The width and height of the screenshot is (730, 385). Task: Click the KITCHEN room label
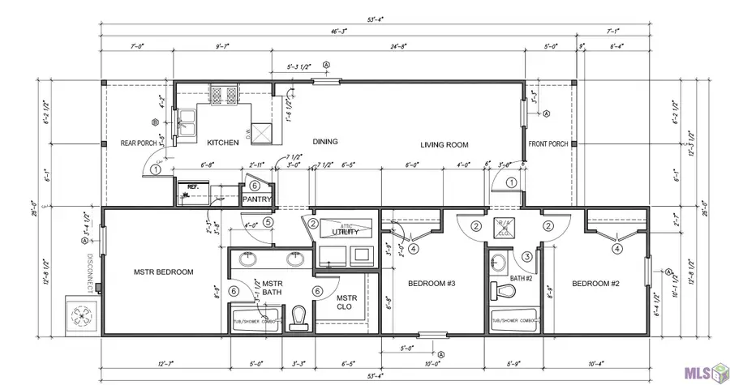click(223, 143)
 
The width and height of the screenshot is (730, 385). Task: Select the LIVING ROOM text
click(444, 145)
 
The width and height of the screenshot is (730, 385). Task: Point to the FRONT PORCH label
click(548, 145)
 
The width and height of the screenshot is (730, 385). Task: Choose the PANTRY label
click(256, 199)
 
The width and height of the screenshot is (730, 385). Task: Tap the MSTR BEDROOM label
click(163, 272)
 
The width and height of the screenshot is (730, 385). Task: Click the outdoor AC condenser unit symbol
click(82, 317)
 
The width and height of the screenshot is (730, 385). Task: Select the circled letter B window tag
click(154, 123)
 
